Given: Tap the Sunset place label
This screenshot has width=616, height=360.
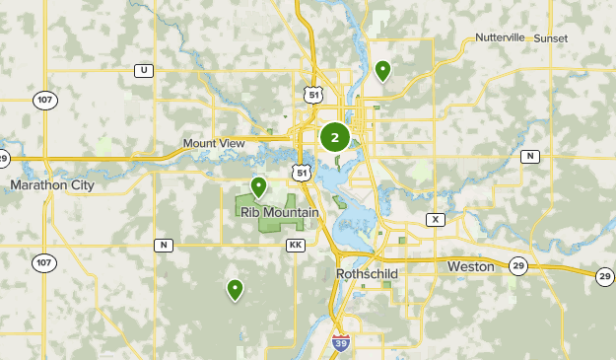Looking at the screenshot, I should [551, 37].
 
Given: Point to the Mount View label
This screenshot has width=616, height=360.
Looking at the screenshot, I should [213, 143].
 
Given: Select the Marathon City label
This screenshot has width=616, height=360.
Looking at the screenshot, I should [52, 184].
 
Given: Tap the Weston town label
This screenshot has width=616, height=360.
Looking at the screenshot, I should [470, 266].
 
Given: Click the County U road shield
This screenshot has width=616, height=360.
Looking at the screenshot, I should [145, 70].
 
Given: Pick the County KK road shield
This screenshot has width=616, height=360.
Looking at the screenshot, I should [294, 245].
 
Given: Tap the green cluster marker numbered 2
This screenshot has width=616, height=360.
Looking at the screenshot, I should [335, 137].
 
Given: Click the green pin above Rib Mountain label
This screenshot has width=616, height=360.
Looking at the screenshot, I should [258, 185].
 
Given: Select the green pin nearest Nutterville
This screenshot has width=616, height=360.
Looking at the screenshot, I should [382, 70].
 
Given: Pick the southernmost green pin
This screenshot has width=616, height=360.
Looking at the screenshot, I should [235, 289].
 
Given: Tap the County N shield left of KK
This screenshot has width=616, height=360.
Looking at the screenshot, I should [163, 245].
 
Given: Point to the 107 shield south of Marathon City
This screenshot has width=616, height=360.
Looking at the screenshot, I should [42, 262].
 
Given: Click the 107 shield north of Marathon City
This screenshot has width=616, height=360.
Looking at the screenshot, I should [42, 101].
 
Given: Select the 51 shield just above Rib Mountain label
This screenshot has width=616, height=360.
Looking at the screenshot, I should [300, 173].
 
